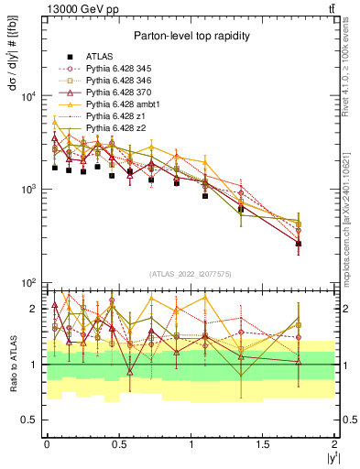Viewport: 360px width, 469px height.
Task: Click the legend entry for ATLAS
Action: click(x=100, y=56)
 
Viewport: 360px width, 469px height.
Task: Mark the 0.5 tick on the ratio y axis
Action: click(x=31, y=420)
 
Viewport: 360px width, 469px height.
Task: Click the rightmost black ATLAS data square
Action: click(x=299, y=243)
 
